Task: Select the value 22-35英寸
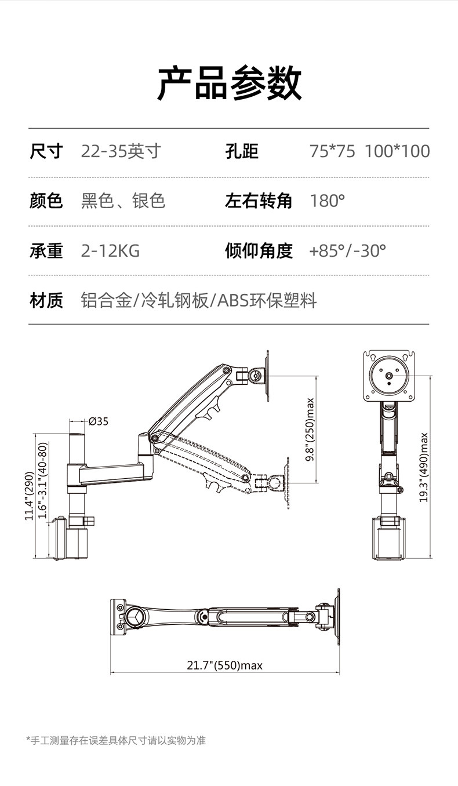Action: click(121, 152)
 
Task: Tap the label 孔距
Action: click(242, 152)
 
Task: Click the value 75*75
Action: click(332, 152)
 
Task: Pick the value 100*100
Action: click(397, 152)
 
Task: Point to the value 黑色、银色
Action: click(123, 201)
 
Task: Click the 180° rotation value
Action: click(328, 201)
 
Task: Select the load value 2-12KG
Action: click(110, 251)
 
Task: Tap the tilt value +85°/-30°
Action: click(347, 251)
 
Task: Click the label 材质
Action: click(46, 301)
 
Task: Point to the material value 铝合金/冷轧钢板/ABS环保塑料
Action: click(199, 301)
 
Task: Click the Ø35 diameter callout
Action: click(99, 421)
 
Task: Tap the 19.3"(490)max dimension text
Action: click(424, 467)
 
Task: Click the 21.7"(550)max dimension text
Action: click(224, 665)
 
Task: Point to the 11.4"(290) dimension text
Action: click(28, 496)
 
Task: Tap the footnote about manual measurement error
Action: click(116, 740)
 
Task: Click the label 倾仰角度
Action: click(259, 251)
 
